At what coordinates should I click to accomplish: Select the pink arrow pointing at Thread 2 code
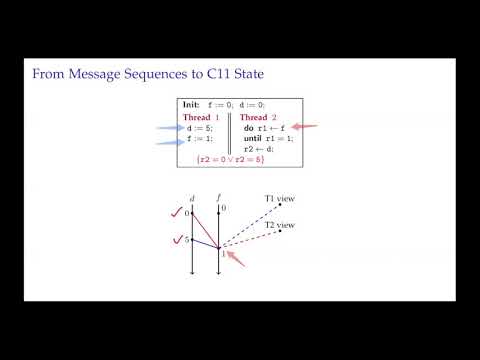pos(305,127)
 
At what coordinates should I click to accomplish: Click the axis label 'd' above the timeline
pos(191,196)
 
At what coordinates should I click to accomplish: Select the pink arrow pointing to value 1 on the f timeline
pos(236,262)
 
